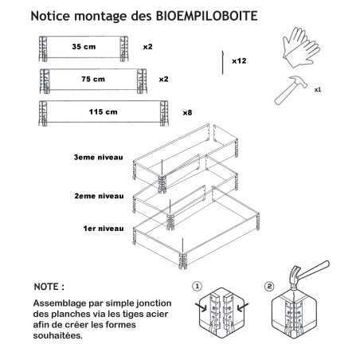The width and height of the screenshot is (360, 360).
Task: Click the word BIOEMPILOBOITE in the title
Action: (x=206, y=16)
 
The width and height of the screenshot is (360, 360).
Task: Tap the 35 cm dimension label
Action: (x=84, y=47)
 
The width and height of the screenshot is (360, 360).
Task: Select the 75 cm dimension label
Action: (x=93, y=79)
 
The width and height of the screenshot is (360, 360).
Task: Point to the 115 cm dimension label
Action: (x=104, y=112)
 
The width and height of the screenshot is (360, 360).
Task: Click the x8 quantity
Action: (x=187, y=113)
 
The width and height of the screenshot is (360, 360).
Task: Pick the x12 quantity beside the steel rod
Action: (x=239, y=61)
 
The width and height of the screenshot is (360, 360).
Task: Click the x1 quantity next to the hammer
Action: (x=318, y=90)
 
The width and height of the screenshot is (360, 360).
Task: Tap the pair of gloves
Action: (x=301, y=47)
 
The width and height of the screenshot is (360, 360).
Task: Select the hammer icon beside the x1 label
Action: (x=291, y=90)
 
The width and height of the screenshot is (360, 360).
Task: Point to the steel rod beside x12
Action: (x=222, y=63)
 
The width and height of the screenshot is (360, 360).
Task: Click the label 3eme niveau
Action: (x=99, y=157)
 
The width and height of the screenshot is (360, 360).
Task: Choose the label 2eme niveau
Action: (x=99, y=196)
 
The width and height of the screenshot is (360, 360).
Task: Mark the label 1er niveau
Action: (x=104, y=229)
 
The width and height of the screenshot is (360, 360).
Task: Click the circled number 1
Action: (x=197, y=287)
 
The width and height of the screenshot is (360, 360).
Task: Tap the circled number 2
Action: (x=269, y=287)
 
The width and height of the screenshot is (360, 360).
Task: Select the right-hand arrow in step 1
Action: (x=243, y=307)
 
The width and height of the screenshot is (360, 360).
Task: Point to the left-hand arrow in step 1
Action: (x=201, y=307)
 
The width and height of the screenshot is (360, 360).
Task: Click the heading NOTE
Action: (x=49, y=287)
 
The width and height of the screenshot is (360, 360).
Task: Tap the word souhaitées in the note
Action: (x=58, y=335)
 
